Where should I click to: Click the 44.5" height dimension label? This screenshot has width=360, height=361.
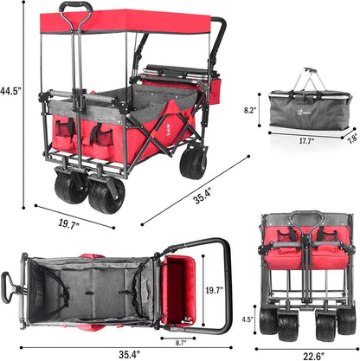click(10, 91)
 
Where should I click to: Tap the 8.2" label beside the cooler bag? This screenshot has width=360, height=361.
click(250, 110)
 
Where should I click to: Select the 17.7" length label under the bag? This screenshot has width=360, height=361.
click(306, 141)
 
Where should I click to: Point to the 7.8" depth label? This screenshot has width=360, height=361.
click(353, 139)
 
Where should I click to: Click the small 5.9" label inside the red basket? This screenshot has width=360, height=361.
click(188, 319)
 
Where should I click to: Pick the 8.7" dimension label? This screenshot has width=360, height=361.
click(181, 343)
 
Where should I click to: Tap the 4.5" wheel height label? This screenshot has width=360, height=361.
click(247, 319)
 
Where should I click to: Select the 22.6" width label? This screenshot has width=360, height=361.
click(313, 356)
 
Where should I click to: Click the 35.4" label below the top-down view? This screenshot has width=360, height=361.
click(130, 354)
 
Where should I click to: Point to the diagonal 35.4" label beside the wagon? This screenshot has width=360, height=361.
click(202, 196)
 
